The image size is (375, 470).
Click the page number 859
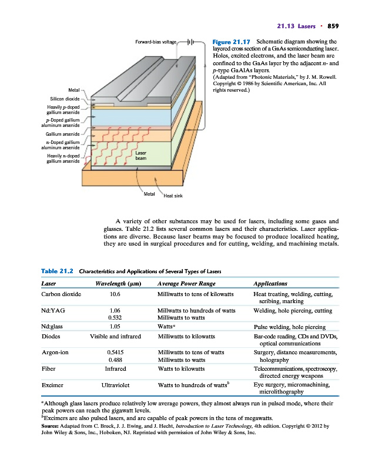click(x=334, y=25)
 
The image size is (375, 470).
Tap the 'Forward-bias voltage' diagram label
click(x=156, y=43)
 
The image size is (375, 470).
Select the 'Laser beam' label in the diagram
click(x=141, y=156)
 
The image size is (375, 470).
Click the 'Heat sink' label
click(x=173, y=197)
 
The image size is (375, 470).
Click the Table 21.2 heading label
click(x=58, y=271)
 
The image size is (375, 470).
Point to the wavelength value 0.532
click(x=115, y=317)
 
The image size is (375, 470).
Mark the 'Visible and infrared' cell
click(x=115, y=337)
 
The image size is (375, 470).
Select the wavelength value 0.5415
click(x=115, y=352)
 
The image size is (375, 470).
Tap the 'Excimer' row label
click(x=52, y=385)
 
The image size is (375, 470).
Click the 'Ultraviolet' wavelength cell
click(x=115, y=385)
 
